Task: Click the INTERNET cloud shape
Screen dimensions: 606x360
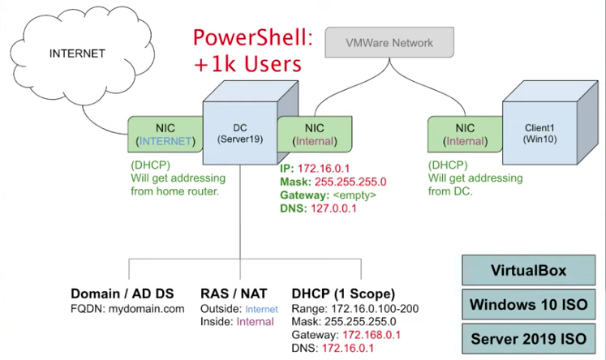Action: tap(81, 54)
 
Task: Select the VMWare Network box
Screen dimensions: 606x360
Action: tap(389, 42)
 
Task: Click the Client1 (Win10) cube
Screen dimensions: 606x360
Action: tap(549, 122)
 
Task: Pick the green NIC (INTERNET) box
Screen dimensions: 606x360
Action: tap(165, 134)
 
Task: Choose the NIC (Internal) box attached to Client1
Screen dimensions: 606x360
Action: tap(465, 134)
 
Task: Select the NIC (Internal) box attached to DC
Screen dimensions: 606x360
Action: tap(315, 134)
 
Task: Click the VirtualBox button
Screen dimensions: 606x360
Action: tap(528, 270)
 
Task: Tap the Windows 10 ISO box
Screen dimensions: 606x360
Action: tap(528, 304)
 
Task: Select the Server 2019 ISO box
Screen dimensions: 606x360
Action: tap(528, 339)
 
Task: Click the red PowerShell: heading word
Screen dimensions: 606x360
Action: tap(253, 38)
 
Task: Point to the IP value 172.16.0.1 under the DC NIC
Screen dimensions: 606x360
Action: tap(324, 169)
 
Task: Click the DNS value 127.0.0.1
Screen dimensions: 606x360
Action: tap(333, 208)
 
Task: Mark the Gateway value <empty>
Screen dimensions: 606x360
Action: tap(355, 195)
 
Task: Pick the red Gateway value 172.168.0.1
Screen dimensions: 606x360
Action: tap(372, 335)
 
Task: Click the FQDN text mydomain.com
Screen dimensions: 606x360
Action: tap(146, 309)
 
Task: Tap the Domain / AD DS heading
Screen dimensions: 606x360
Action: tap(122, 294)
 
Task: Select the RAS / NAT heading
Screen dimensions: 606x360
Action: tap(234, 294)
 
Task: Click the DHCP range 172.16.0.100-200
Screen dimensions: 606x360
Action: tap(375, 309)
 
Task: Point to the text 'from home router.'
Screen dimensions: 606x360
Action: tap(174, 191)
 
